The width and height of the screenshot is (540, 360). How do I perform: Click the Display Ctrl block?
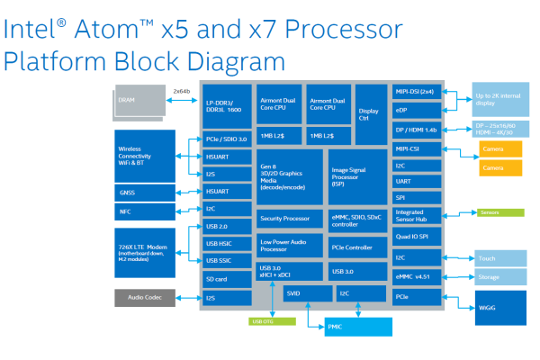tap(369, 112)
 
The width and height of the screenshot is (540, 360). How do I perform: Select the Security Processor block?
tap(289, 218)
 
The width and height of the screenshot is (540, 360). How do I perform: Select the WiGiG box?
tap(498, 307)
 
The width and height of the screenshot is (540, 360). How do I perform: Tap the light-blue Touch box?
tap(498, 258)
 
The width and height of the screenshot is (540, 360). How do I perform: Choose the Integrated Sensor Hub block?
tap(416, 215)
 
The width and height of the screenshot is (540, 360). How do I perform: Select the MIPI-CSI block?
tap(416, 148)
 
